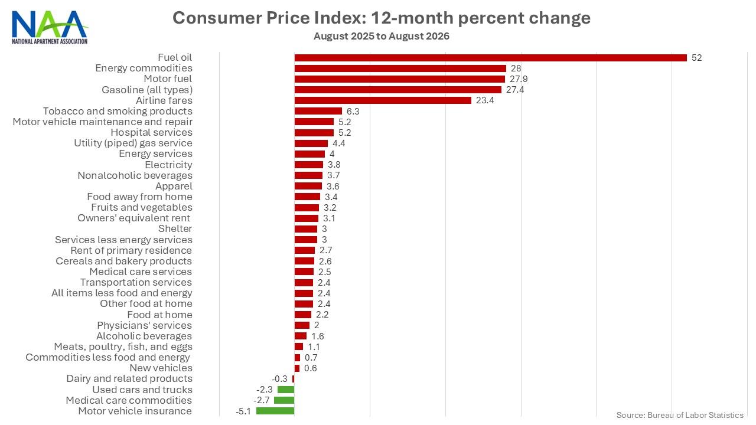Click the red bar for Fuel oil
coord(490,58)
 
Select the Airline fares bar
coord(383,100)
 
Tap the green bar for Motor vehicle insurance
coord(275,411)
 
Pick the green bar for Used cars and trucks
coord(286,390)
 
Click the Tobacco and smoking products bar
coord(318,111)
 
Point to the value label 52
coord(696,58)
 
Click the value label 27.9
coord(519,79)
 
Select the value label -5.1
coord(243,411)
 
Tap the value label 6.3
coord(353,112)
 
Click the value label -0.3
coord(279,379)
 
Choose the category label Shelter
coord(175,228)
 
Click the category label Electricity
coord(168,165)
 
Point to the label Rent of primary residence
coord(131,250)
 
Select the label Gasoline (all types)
coord(147,90)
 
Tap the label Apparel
coord(174,186)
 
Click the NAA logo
coord(50,27)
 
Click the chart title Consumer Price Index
coord(382,18)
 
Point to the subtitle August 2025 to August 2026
coord(382,36)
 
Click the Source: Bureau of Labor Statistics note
coord(680,415)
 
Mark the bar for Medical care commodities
coord(284,400)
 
